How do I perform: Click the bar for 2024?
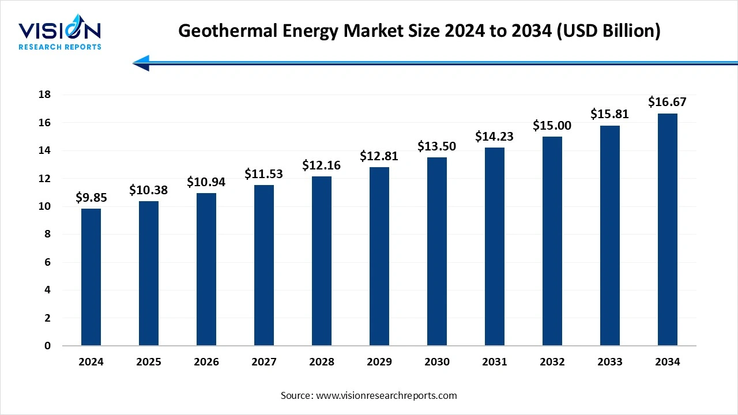pyautogui.click(x=91, y=277)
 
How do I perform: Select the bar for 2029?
pyautogui.click(x=379, y=256)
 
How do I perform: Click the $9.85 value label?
pyautogui.click(x=91, y=198)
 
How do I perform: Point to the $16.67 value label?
pyautogui.click(x=667, y=102)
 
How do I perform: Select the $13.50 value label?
pyautogui.click(x=436, y=146)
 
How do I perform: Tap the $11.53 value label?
pyautogui.click(x=263, y=173)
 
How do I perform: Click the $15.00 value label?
pyautogui.click(x=552, y=125)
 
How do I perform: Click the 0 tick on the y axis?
pyautogui.click(x=47, y=346)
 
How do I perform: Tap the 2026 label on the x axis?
pyautogui.click(x=206, y=362)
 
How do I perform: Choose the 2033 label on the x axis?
pyautogui.click(x=609, y=362)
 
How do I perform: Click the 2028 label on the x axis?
pyautogui.click(x=322, y=362)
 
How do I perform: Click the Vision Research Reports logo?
pyautogui.click(x=60, y=35)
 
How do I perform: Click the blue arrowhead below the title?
pyautogui.click(x=142, y=63)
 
